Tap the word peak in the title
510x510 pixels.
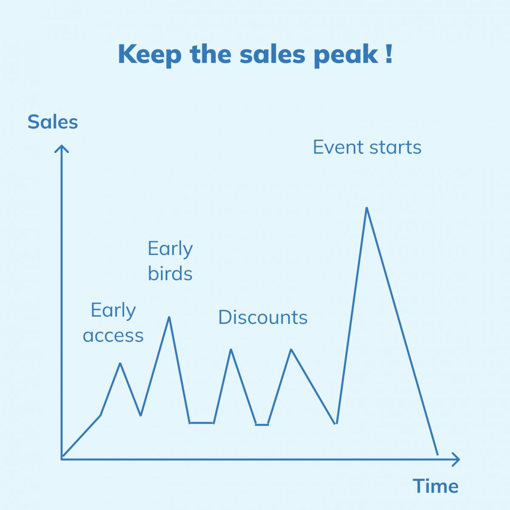tap(346, 56)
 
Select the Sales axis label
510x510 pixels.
tap(53, 122)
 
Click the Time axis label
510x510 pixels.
tap(435, 486)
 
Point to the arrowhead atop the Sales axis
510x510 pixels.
tap(61, 149)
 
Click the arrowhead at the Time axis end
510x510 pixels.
tap(456, 459)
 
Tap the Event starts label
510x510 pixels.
tap(367, 147)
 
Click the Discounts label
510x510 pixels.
tap(263, 317)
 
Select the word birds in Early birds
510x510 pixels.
tap(170, 273)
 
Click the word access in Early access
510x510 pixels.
tap(113, 336)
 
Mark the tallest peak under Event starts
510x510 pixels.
tap(367, 208)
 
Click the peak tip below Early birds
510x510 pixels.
tap(169, 317)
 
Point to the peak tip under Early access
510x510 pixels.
tap(120, 363)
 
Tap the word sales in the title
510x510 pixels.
tap(272, 54)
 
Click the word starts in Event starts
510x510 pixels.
tap(395, 147)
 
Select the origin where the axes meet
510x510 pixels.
tap(62, 459)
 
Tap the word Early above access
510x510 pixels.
tap(113, 310)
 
